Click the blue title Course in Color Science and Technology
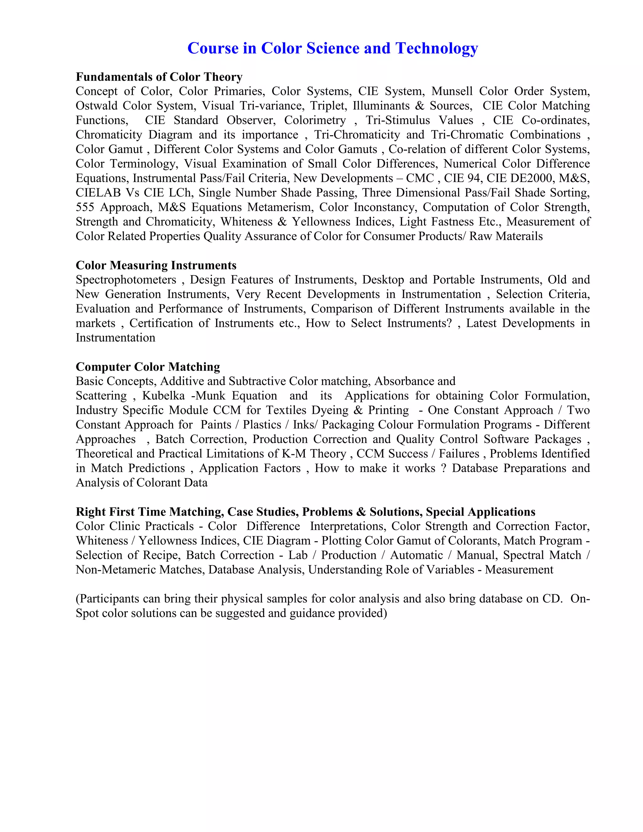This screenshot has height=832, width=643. click(332, 48)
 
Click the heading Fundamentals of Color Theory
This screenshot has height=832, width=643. click(159, 77)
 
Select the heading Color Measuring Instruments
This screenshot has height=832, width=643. click(156, 266)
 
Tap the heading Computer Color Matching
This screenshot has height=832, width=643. click(148, 367)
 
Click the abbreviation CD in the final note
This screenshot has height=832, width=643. click(551, 599)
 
